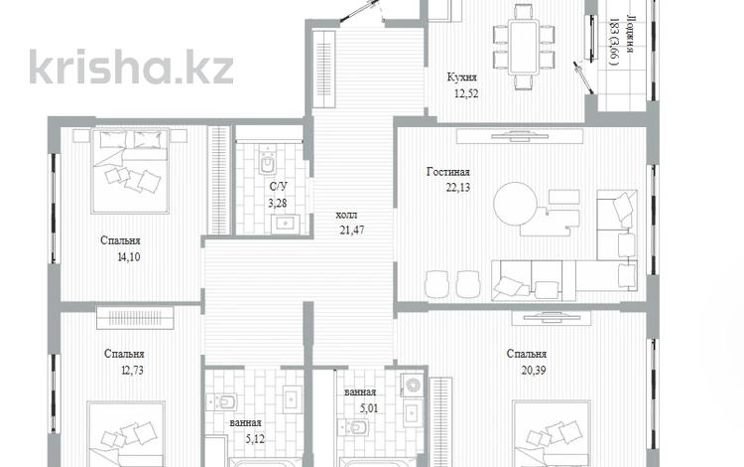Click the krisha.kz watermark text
coord(131,67)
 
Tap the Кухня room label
coord(461,77)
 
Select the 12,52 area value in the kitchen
coord(466,93)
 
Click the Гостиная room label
coord(448,172)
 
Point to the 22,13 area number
coord(458,188)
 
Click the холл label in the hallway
coord(346,216)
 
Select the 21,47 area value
coord(352,231)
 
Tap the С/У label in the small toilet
coord(278,187)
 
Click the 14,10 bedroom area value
coord(129,257)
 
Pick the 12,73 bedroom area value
coord(132,370)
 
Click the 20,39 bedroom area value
coord(534,370)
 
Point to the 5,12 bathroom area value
coord(254,439)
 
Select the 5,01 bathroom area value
coord(368,408)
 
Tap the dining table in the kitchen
coord(523,47)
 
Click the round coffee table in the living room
coord(515,205)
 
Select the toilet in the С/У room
coord(268,161)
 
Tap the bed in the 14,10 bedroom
coord(131,171)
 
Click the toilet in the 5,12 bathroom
coord(221,401)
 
